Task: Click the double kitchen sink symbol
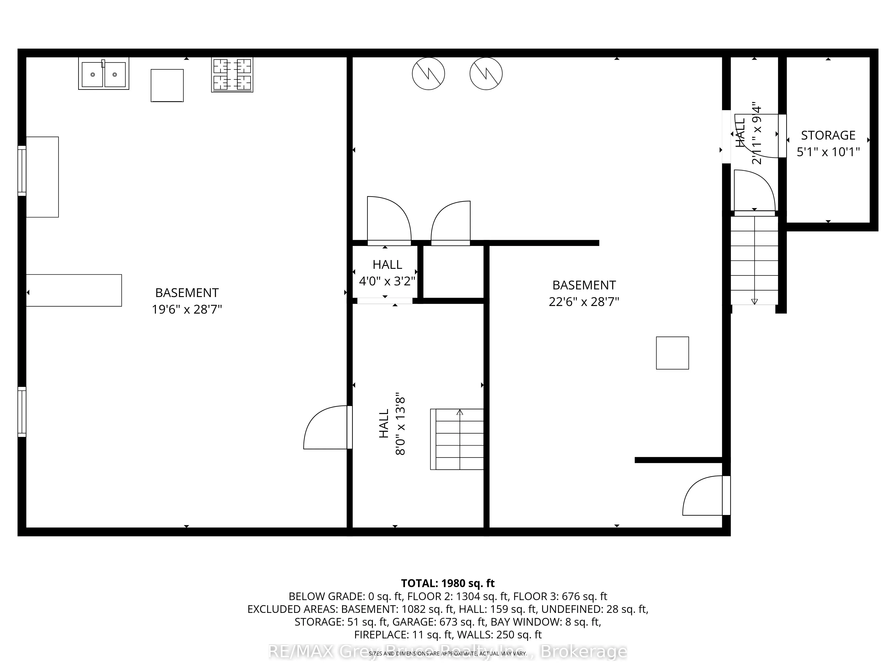[104, 74]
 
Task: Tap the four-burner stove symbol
[232, 75]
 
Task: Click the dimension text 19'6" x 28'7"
[187, 310]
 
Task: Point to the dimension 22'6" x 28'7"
[584, 302]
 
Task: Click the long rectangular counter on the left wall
[74, 290]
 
